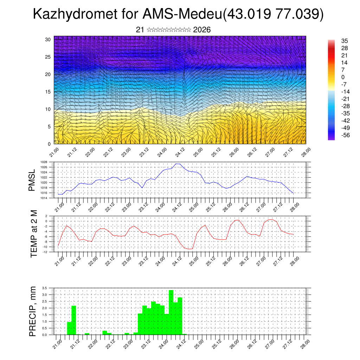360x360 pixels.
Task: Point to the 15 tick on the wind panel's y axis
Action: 48,92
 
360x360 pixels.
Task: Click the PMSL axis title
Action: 32,180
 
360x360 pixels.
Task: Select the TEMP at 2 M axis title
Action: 34,233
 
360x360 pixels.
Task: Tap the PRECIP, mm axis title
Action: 33,311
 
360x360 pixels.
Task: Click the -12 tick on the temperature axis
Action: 45,252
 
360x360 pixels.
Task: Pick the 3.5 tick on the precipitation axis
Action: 45,288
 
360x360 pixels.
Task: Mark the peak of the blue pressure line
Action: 178,164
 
